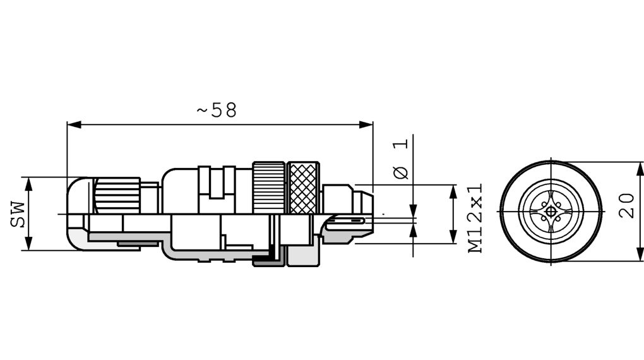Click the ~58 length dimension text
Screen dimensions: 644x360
click(x=217, y=110)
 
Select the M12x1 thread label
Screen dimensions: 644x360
click(x=475, y=218)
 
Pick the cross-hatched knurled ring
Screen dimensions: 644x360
click(x=303, y=188)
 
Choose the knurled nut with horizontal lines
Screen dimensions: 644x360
click(x=269, y=188)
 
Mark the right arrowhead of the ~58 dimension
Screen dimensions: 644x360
click(x=366, y=124)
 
